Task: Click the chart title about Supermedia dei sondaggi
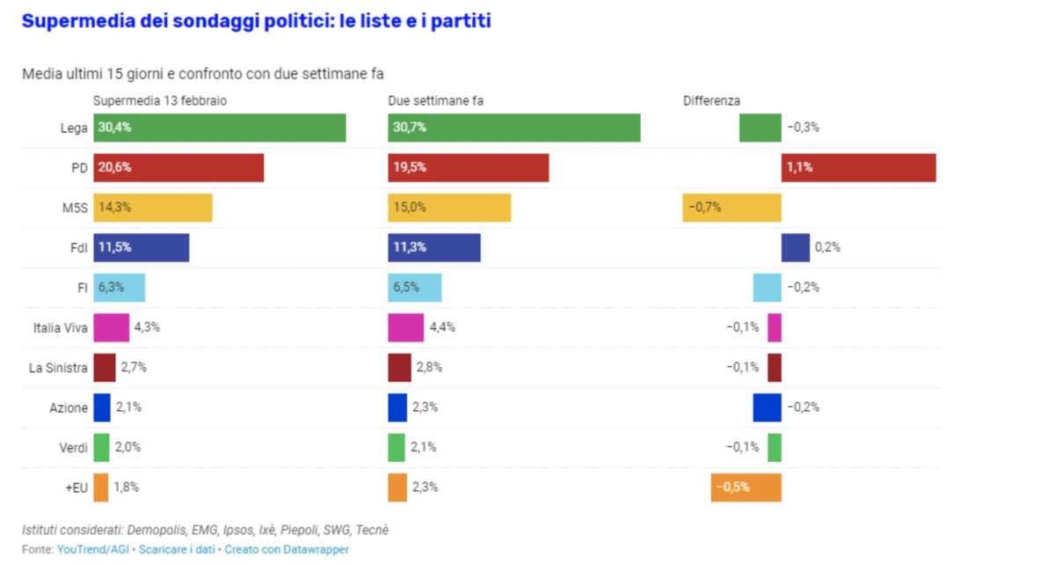(x=256, y=21)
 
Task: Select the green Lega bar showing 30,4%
(x=219, y=128)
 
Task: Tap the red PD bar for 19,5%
(x=468, y=168)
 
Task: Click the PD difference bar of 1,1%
(x=857, y=168)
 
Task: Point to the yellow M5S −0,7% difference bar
(x=731, y=208)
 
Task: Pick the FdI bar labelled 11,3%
(x=433, y=247)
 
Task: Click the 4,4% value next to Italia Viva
(x=441, y=327)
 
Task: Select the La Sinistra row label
(x=58, y=368)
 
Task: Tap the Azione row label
(x=69, y=407)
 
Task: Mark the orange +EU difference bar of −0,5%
(x=746, y=487)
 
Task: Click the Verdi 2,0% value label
(x=127, y=447)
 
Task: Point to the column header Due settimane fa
(x=436, y=101)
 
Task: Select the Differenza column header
(x=711, y=101)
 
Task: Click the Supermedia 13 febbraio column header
(x=160, y=101)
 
